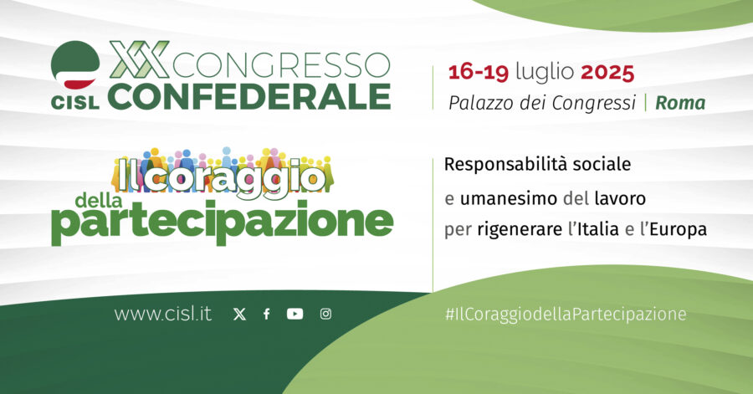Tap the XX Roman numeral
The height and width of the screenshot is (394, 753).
140,59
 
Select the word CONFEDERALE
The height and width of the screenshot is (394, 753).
248,95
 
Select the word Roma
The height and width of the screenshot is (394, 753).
680,104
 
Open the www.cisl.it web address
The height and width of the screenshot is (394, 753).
162,315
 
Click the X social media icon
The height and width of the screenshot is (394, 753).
239,315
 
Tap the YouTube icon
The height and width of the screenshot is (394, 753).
295,315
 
